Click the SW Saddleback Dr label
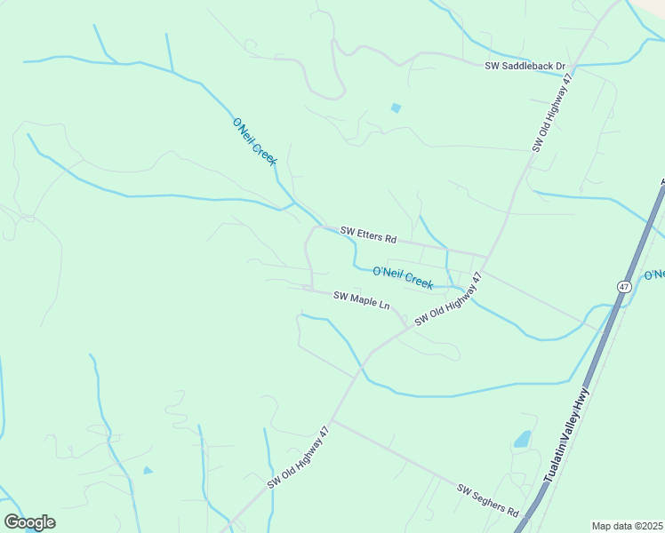(x=525, y=67)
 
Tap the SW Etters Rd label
(x=368, y=235)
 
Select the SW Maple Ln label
(x=361, y=300)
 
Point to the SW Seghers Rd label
(x=488, y=501)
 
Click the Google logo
(x=29, y=522)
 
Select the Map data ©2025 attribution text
(x=627, y=526)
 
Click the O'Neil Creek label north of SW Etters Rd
(x=255, y=142)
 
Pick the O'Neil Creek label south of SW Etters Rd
(x=403, y=277)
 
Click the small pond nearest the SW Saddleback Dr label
(x=396, y=108)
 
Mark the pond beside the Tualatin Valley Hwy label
(x=523, y=439)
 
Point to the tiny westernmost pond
(x=148, y=470)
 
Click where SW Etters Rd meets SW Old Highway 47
(x=486, y=257)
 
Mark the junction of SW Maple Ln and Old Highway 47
(x=409, y=326)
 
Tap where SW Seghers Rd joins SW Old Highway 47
(x=333, y=420)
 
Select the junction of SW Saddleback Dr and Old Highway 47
(x=575, y=67)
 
